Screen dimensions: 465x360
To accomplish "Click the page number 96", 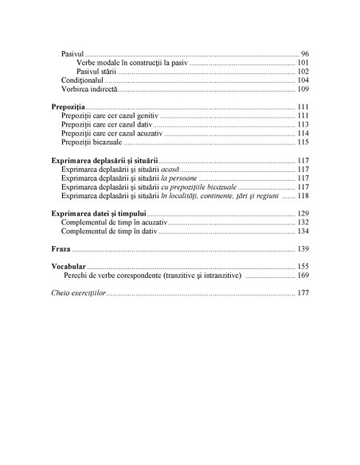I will tap(305, 53).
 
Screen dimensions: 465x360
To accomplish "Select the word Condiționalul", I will tap(83, 80).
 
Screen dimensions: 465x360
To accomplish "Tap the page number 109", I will tap(303, 89).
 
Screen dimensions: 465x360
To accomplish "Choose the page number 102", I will tap(303, 71).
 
